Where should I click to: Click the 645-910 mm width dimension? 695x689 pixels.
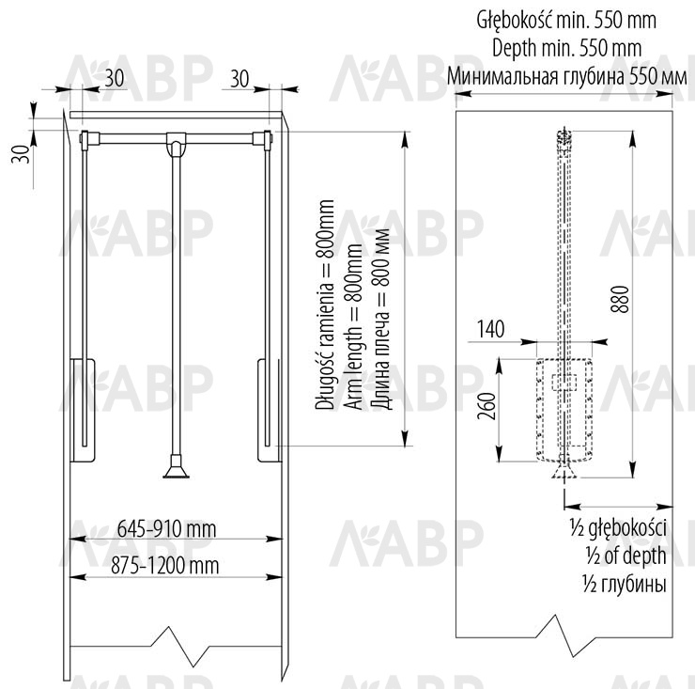[166, 529]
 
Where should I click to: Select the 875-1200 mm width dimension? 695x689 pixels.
[165, 566]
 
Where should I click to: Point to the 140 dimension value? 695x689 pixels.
[490, 329]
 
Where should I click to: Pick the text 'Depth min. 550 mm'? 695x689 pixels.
[567, 48]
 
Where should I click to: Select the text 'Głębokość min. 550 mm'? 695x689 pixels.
[566, 20]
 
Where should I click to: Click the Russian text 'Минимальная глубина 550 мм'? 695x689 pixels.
[567, 76]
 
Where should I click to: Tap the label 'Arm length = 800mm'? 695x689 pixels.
[354, 326]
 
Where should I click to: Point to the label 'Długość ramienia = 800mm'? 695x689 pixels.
[324, 305]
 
